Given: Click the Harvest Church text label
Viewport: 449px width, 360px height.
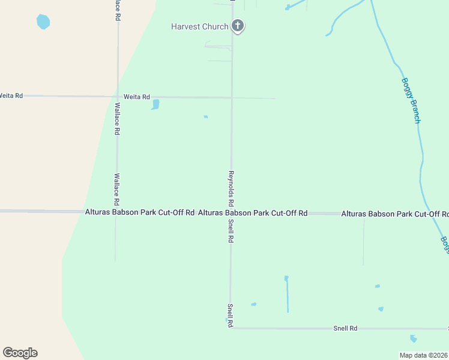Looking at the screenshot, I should point(199,26).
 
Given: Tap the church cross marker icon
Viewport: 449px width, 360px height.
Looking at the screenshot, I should point(238,26).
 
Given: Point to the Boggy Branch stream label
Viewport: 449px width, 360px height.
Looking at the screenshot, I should point(411,101).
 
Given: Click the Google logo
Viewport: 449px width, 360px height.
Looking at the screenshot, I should point(20,353).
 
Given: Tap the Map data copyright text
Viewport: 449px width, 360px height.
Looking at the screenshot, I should point(424,355).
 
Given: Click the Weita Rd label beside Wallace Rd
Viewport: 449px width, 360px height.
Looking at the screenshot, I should point(136,96).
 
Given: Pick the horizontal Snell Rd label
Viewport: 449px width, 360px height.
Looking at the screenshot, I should point(345,328).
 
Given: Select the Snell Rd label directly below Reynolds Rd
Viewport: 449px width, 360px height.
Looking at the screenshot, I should point(230,230).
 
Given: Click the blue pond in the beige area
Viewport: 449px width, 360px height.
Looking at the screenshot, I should point(43,22).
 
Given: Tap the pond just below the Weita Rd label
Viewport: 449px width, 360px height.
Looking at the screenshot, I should point(155,105).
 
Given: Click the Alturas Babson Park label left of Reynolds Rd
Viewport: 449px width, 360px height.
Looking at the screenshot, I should point(140,212).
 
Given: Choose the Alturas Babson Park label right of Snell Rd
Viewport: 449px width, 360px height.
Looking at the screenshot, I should point(253,212).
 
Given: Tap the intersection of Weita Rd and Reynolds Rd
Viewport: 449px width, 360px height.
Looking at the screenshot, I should point(232,97).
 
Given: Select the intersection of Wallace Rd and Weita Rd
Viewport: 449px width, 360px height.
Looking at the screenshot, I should point(118,96).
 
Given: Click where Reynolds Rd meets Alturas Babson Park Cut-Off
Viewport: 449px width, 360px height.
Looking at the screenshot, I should point(231,212).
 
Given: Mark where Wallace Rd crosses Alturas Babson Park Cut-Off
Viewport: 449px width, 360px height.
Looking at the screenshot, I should point(116,212).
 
